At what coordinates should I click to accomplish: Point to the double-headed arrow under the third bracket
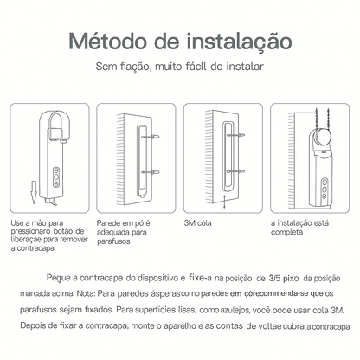click(224, 201)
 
